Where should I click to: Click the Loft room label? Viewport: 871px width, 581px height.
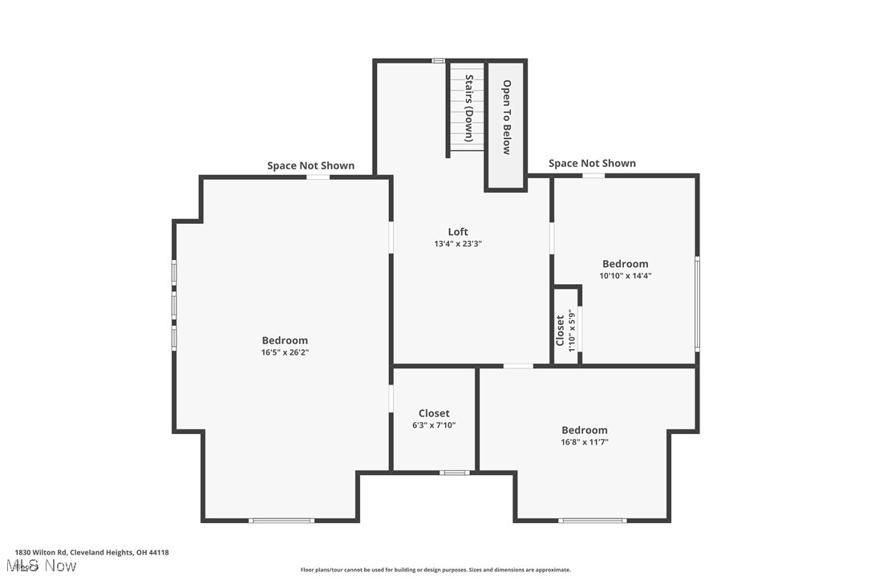[x=458, y=232]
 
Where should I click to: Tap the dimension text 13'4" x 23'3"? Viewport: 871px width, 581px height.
[x=458, y=244]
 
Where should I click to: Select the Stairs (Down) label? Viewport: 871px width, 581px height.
[x=469, y=108]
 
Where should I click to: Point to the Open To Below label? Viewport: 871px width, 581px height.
[x=506, y=116]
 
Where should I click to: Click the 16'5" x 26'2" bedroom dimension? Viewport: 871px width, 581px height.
[x=285, y=352]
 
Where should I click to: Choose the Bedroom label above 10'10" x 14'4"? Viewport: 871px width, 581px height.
[x=626, y=264]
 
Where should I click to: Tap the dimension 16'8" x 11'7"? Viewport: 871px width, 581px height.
[x=584, y=442]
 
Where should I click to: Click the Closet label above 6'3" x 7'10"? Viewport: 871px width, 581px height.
[x=434, y=413]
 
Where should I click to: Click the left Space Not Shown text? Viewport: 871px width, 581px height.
[x=310, y=165]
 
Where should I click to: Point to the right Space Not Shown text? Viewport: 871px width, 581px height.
[x=592, y=163]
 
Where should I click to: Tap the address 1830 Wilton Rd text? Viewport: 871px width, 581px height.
[x=91, y=552]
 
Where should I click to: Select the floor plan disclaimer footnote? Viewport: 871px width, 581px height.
[x=435, y=570]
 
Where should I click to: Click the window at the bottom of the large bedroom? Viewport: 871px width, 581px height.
[x=281, y=521]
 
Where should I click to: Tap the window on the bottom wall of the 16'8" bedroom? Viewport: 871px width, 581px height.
[x=592, y=521]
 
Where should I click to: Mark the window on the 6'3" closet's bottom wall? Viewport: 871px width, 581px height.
[x=456, y=473]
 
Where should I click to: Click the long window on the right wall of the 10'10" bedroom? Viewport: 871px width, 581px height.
[x=697, y=303]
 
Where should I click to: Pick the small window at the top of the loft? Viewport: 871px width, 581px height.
[x=439, y=60]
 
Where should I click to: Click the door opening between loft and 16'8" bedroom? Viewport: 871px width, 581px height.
[x=518, y=366]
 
